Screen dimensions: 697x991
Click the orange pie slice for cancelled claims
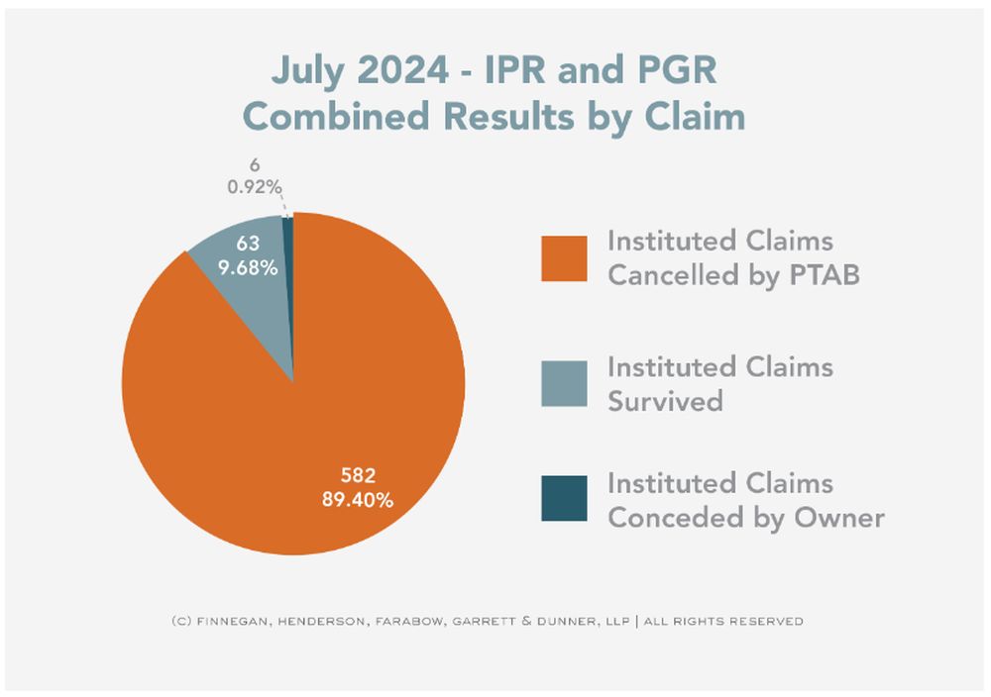point(248,416)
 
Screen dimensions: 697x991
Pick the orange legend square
point(563,258)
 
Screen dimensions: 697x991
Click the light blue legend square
point(563,382)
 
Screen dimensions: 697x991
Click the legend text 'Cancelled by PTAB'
point(732,275)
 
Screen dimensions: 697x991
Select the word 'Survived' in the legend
point(665,401)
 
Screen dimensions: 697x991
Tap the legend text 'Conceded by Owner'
point(745,518)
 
